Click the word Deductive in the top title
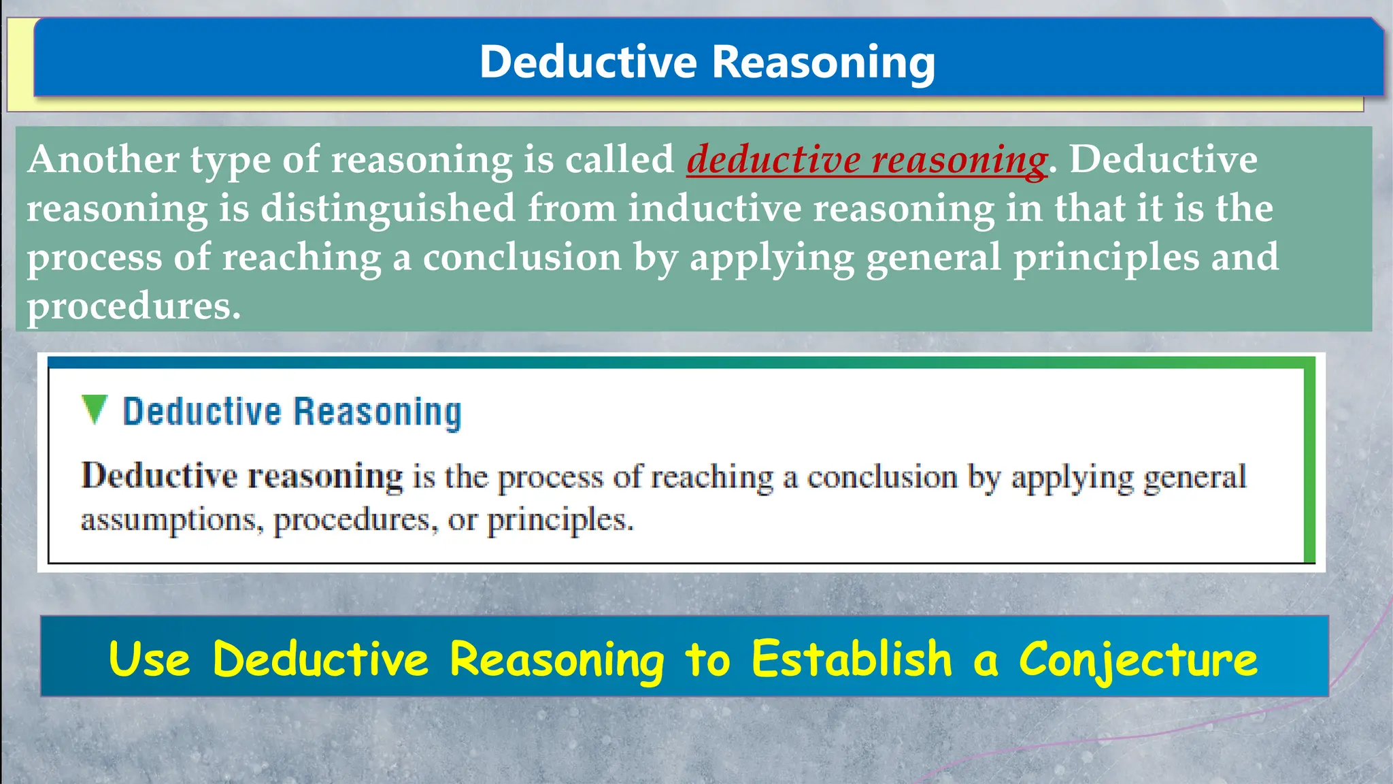coord(588,62)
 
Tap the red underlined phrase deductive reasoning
coord(867,160)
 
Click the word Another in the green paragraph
coord(103,160)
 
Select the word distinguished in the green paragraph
coord(388,208)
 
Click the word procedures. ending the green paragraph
coord(133,307)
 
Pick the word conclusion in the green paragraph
coord(522,258)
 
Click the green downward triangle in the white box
coord(94,410)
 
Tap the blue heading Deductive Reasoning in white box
coord(292,412)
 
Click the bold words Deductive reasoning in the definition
coord(242,476)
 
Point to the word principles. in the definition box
coord(560,521)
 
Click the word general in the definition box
coord(1194,477)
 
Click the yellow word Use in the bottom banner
coord(149,659)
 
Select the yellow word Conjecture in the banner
coord(1138,659)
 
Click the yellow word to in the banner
coord(707,659)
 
